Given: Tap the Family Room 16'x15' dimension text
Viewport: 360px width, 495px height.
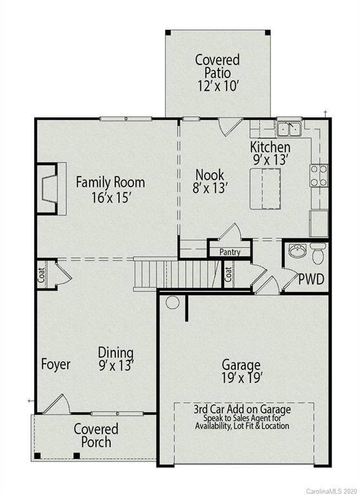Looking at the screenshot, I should pyautogui.click(x=110, y=198).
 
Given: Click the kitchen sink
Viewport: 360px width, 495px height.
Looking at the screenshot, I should pyautogui.click(x=289, y=129).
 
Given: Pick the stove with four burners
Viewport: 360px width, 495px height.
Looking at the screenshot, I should pyautogui.click(x=319, y=175).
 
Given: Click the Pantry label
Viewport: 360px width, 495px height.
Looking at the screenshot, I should pyautogui.click(x=230, y=252).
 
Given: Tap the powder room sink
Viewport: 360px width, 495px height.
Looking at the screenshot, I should pyautogui.click(x=297, y=251).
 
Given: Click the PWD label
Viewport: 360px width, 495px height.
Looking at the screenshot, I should pyautogui.click(x=310, y=280).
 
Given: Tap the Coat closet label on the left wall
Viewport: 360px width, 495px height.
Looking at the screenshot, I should pyautogui.click(x=42, y=276).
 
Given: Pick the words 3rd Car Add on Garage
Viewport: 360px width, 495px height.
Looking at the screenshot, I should pyautogui.click(x=242, y=409).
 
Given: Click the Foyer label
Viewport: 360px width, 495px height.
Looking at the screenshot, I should pyautogui.click(x=55, y=364).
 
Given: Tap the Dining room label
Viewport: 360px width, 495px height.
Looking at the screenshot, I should pyautogui.click(x=116, y=353).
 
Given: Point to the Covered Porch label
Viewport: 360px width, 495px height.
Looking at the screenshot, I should pyautogui.click(x=95, y=435).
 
